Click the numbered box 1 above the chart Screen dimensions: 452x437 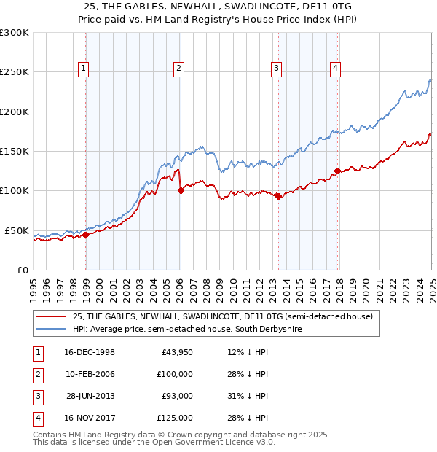pyautogui.click(x=84, y=69)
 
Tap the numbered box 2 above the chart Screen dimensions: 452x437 pyautogui.click(x=178, y=69)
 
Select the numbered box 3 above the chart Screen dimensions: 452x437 pyautogui.click(x=277, y=69)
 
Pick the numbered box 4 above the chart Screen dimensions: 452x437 pyautogui.click(x=335, y=69)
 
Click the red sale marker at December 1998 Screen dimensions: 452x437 pyautogui.click(x=85, y=235)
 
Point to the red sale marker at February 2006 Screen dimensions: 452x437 pyautogui.click(x=180, y=191)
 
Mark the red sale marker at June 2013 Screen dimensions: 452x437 pyautogui.click(x=278, y=196)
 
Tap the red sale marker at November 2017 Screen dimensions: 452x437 pyautogui.click(x=337, y=171)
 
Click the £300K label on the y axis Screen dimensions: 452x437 pyautogui.click(x=15, y=33)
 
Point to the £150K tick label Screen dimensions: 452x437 pyautogui.click(x=15, y=152)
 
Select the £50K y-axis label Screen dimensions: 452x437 pyautogui.click(x=17, y=230)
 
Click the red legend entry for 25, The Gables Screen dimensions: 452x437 pyautogui.click(x=222, y=316)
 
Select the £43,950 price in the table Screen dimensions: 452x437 pyautogui.click(x=178, y=353)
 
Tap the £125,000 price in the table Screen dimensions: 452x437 pyautogui.click(x=175, y=418)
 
